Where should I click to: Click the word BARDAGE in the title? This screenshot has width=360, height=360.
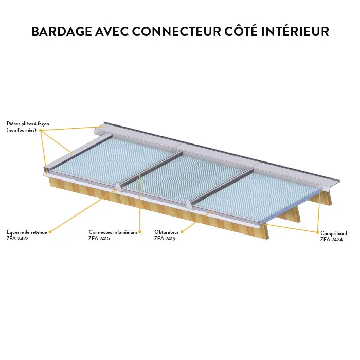(x=62, y=31)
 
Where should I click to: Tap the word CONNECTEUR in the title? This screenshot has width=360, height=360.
(x=176, y=31)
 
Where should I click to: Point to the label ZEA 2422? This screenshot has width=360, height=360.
(x=17, y=238)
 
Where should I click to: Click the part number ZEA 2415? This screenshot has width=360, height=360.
(x=99, y=238)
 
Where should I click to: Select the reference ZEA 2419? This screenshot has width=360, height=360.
(x=165, y=238)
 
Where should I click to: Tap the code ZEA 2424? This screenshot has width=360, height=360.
(x=331, y=240)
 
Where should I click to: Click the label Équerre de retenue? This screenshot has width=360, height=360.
(x=27, y=232)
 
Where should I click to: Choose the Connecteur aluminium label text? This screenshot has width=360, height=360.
(x=113, y=232)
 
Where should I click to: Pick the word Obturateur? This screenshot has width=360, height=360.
(x=167, y=232)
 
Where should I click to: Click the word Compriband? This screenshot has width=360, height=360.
(x=334, y=233)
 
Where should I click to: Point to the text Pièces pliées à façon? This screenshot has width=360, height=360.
(x=28, y=124)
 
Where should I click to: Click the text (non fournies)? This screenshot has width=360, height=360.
(x=22, y=130)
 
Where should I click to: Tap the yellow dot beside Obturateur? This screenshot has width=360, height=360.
(x=182, y=232)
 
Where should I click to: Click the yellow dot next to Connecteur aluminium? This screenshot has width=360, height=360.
(x=140, y=232)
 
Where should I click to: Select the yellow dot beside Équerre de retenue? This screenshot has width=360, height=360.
(x=50, y=232)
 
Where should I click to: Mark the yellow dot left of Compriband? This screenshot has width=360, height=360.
(x=317, y=232)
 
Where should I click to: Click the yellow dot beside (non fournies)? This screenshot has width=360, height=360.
(x=41, y=131)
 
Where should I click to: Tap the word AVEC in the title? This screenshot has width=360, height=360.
(x=112, y=31)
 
